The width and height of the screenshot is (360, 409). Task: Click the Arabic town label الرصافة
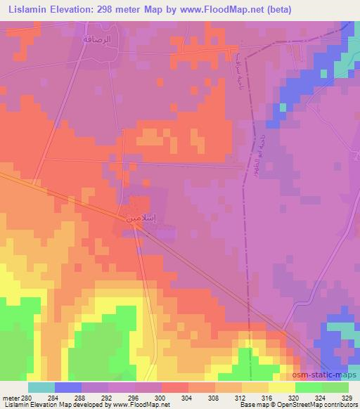98,40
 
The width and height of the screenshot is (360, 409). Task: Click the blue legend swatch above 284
68,388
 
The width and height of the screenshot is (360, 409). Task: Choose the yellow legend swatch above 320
282,388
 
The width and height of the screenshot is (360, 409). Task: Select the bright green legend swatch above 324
309,388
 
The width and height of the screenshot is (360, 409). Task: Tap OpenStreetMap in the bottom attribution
303,405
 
